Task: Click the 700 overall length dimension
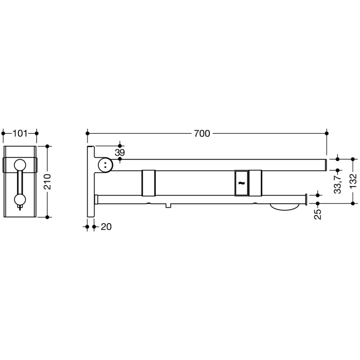[x=202, y=133]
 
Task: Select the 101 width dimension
[x=20, y=134]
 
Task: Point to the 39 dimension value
[x=120, y=153]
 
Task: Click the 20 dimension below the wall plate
[x=106, y=226]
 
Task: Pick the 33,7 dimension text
[x=337, y=183]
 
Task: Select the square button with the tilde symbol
[x=241, y=182]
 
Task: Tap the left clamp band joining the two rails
[x=149, y=183]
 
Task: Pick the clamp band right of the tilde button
[x=255, y=183]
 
